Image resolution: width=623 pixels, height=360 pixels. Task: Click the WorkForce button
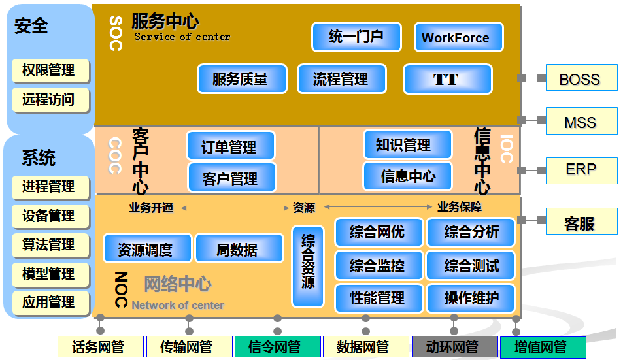coord(458,37)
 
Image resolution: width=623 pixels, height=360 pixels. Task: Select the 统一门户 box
coord(356,37)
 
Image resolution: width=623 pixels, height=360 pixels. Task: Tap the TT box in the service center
coord(447,79)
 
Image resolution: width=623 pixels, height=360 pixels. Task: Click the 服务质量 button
coord(241,79)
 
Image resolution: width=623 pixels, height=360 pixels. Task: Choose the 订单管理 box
coord(230,146)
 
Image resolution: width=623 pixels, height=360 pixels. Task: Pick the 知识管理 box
coord(407,145)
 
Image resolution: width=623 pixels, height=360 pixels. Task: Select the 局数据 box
coord(239,249)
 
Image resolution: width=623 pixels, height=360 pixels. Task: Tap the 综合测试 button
coord(471,265)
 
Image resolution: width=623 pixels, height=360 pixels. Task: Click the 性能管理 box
coord(377,298)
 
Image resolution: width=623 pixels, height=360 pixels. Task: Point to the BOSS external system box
coord(581,78)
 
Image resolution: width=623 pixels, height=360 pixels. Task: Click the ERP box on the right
coord(581,169)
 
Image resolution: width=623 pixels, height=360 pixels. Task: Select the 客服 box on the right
coord(581,222)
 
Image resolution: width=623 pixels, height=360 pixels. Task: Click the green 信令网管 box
coord(277,347)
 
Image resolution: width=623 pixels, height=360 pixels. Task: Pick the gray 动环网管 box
coord(454,347)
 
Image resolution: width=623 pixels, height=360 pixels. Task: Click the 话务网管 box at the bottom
coord(99,347)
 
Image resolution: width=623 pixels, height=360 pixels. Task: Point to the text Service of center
coord(182,37)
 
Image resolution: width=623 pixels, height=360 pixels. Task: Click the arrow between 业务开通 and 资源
coord(235,208)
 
